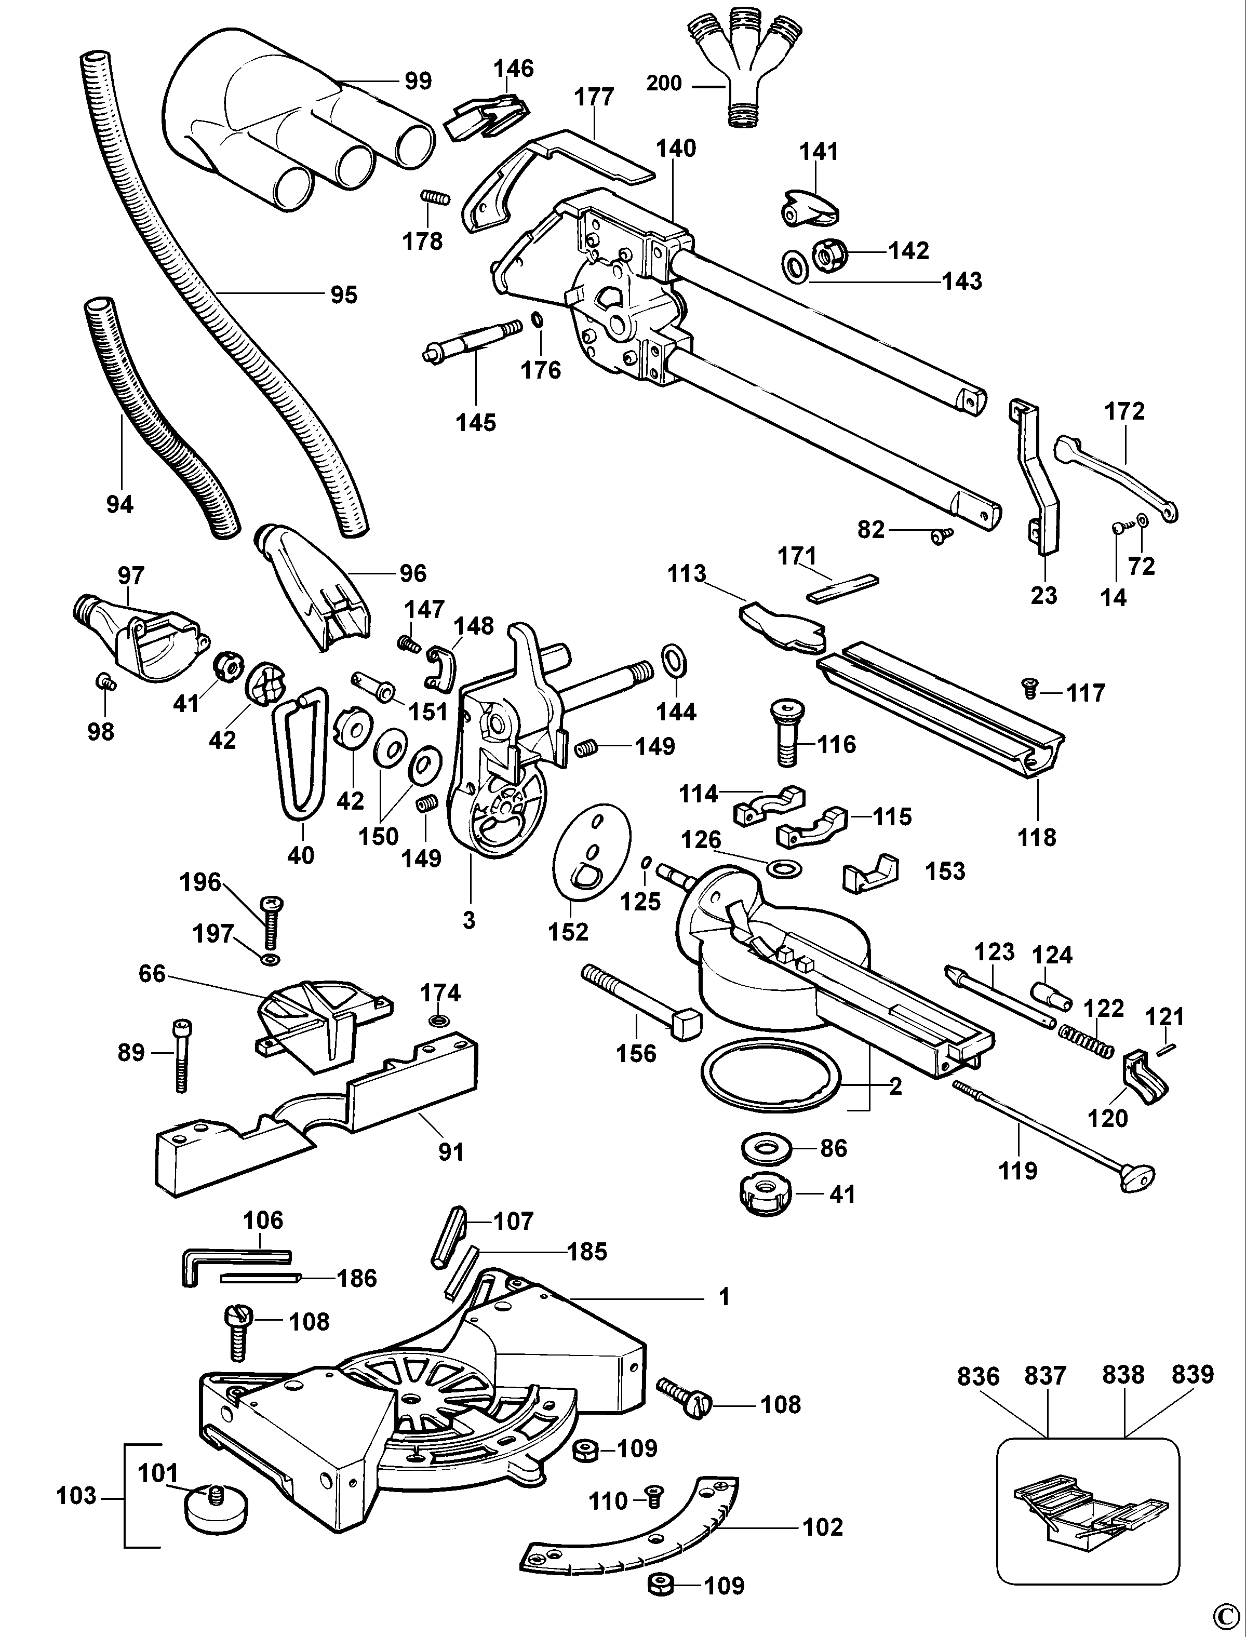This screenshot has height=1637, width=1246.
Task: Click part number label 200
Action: [x=664, y=83]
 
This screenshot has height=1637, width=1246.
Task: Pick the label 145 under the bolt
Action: [x=475, y=423]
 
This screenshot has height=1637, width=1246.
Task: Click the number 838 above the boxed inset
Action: [x=1123, y=1374]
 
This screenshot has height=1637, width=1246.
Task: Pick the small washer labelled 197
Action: [x=271, y=960]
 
